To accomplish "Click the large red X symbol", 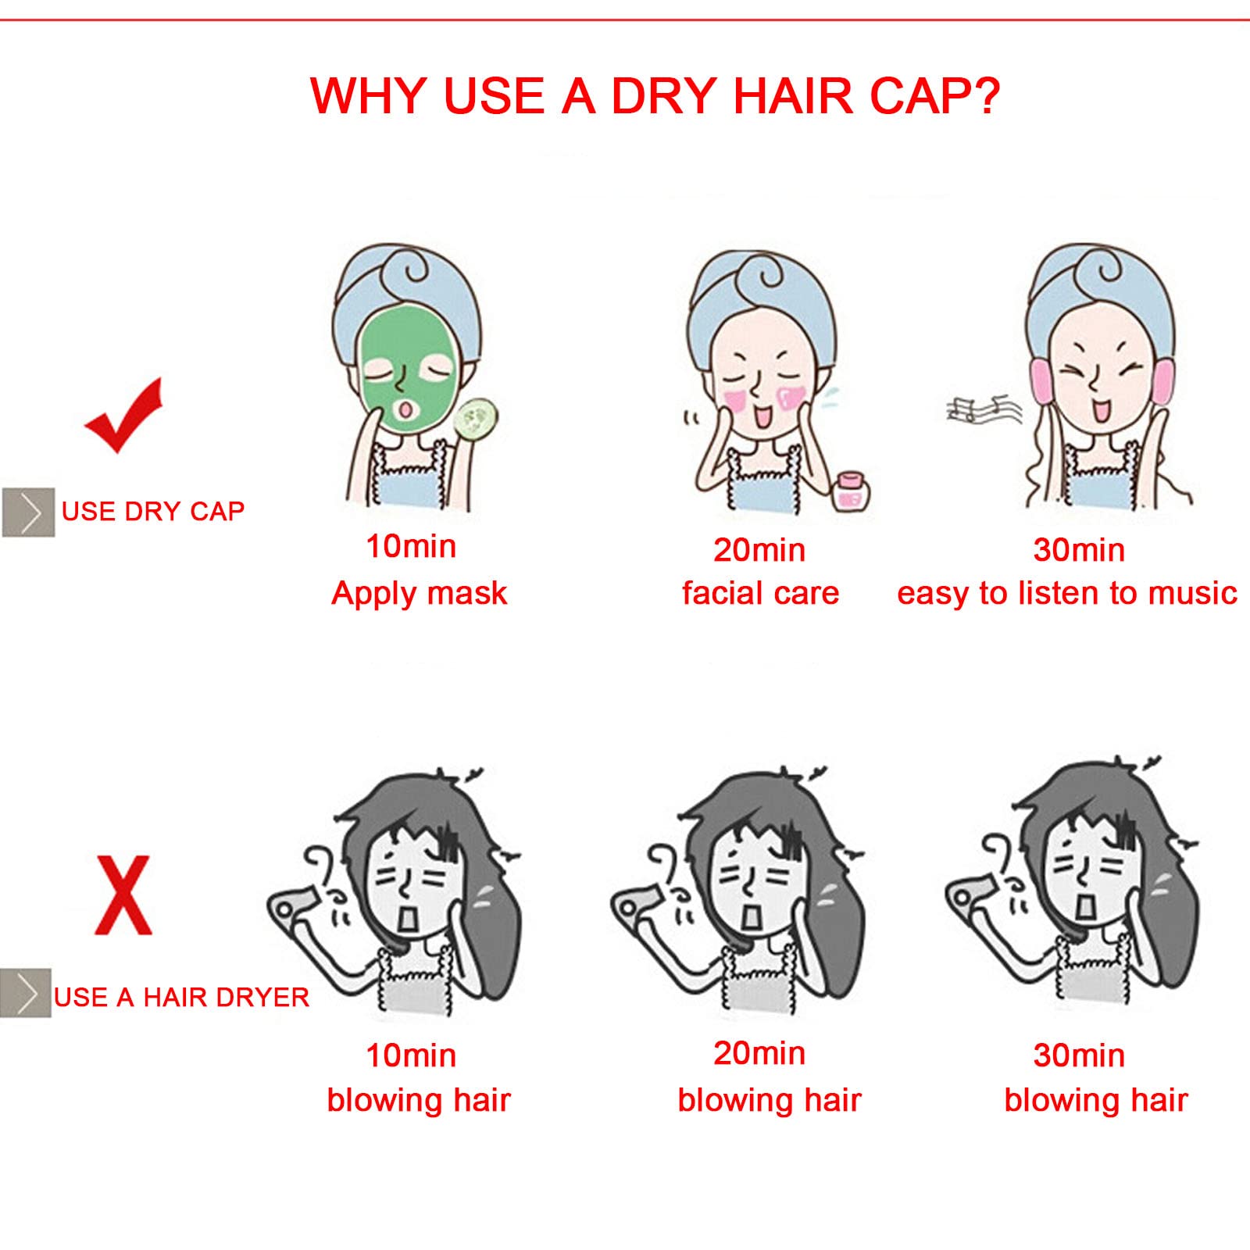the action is click(123, 895).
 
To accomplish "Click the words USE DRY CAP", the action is click(153, 512).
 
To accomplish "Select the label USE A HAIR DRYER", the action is click(181, 998).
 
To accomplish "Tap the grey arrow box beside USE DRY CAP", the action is click(28, 512).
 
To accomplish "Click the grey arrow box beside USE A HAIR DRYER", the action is click(26, 993).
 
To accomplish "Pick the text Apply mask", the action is click(420, 595).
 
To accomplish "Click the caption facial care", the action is click(760, 594).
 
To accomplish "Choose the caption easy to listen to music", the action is click(1067, 595).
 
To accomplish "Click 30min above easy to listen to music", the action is click(1079, 551).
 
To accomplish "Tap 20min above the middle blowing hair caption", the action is click(759, 1054).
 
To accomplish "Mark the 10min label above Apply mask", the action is click(411, 547).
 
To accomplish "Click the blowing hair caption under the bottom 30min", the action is click(1096, 1100).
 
